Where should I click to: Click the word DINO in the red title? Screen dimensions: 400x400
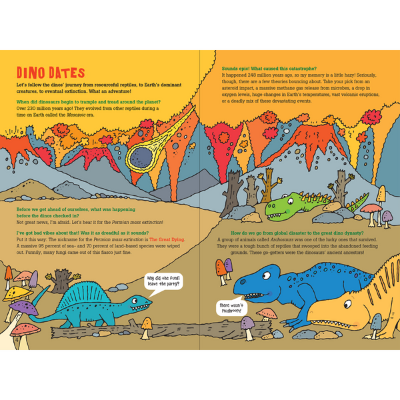coord(33,72)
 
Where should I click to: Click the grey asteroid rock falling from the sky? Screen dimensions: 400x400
coord(141,159)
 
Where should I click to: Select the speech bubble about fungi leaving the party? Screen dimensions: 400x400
coord(162,282)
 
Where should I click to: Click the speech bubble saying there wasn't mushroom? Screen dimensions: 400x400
coord(231,308)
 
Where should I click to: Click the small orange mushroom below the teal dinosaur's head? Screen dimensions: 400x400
coord(145,325)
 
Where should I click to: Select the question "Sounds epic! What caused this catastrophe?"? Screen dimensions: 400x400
coord(269,68)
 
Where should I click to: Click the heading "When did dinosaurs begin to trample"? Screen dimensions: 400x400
coord(93,101)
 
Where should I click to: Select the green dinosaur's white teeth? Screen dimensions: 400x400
coord(278,211)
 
